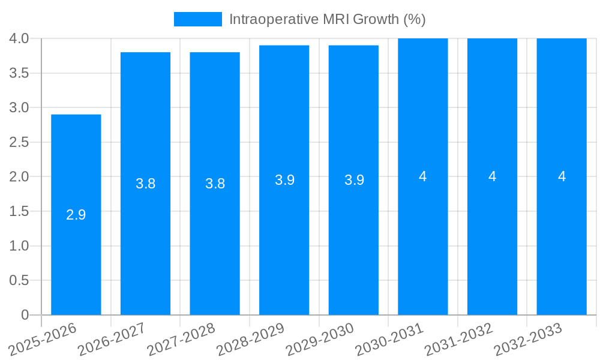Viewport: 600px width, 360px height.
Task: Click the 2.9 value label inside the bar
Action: coord(76,215)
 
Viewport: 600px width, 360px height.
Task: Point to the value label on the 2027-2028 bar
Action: coord(215,184)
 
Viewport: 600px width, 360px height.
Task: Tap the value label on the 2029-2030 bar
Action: coord(354,180)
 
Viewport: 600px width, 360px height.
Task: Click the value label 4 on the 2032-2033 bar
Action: coord(562,176)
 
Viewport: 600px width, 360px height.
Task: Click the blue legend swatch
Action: coord(197,19)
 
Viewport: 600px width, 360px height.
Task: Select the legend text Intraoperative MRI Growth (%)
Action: coord(327,19)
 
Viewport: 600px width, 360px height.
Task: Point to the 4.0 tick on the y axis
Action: coord(19,38)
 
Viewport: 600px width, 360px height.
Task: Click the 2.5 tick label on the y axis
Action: coord(19,142)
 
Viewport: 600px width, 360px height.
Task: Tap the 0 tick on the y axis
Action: coord(25,315)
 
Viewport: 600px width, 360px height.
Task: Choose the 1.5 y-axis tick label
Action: coord(19,211)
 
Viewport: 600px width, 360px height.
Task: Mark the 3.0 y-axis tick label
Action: coord(19,107)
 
